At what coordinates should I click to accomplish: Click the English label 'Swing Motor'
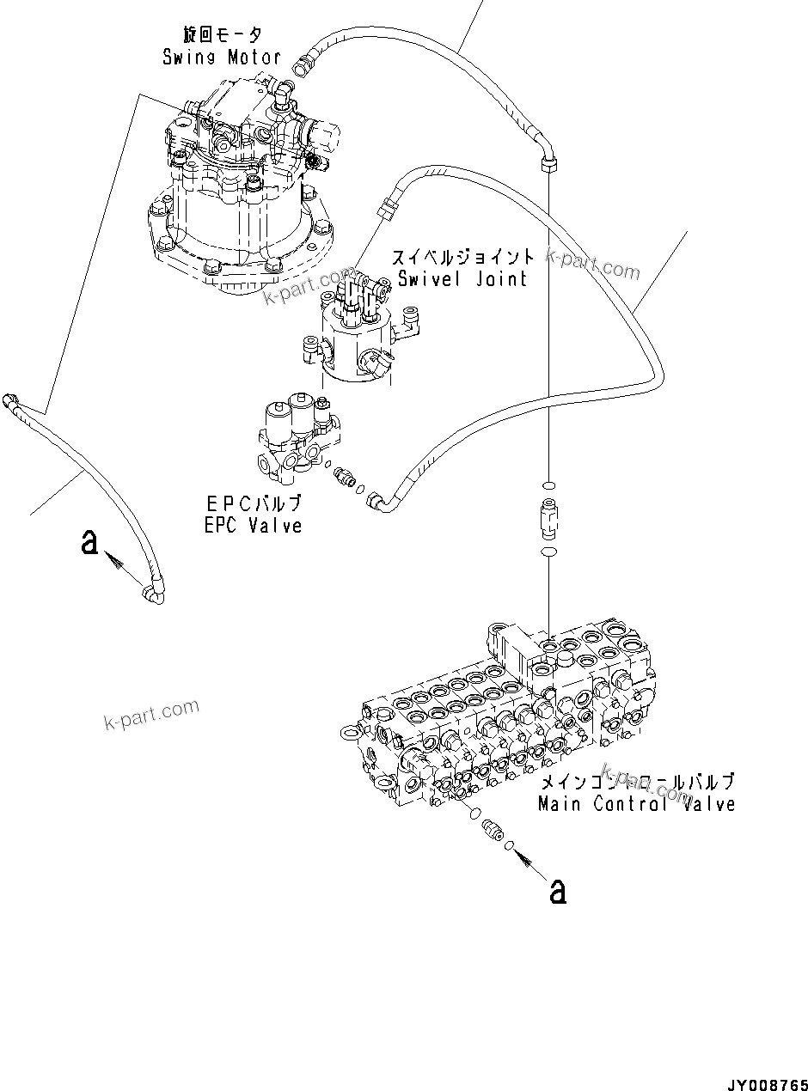(x=222, y=58)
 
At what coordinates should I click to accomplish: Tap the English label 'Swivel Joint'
(x=462, y=278)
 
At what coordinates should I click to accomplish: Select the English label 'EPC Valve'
(x=254, y=525)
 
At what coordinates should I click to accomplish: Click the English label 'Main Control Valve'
(x=636, y=804)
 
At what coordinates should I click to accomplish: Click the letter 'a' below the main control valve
(x=558, y=892)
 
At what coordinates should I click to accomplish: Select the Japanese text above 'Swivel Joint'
(x=463, y=257)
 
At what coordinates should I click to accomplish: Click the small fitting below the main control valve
(x=493, y=830)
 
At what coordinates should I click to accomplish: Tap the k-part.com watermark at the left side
(x=151, y=712)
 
